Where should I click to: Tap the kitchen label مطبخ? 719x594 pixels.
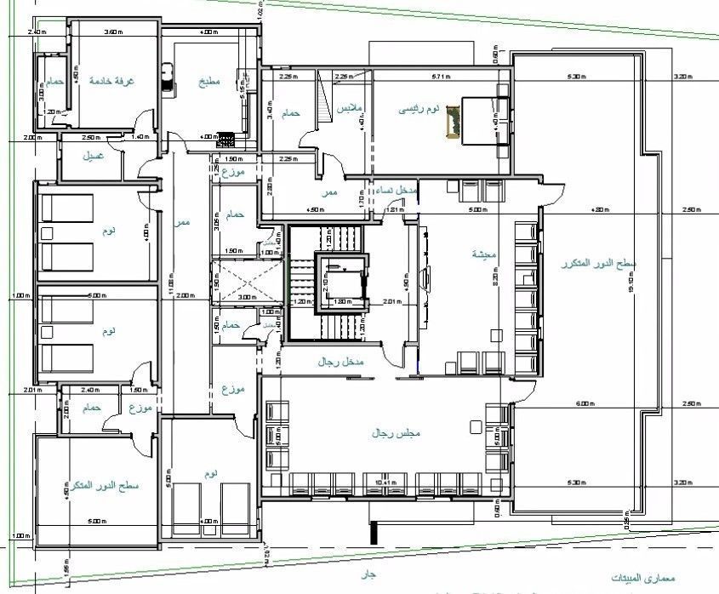(209, 82)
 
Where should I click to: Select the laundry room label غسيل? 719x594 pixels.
(93, 157)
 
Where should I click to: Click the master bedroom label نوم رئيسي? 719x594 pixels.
(420, 110)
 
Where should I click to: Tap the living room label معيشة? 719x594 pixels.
(485, 254)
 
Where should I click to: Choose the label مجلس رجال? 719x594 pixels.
(392, 433)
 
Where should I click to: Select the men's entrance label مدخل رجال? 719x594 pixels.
(340, 363)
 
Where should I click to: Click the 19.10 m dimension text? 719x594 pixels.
(654, 288)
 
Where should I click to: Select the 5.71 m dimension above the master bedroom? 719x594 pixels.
(440, 77)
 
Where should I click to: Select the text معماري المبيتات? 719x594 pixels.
(642, 578)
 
